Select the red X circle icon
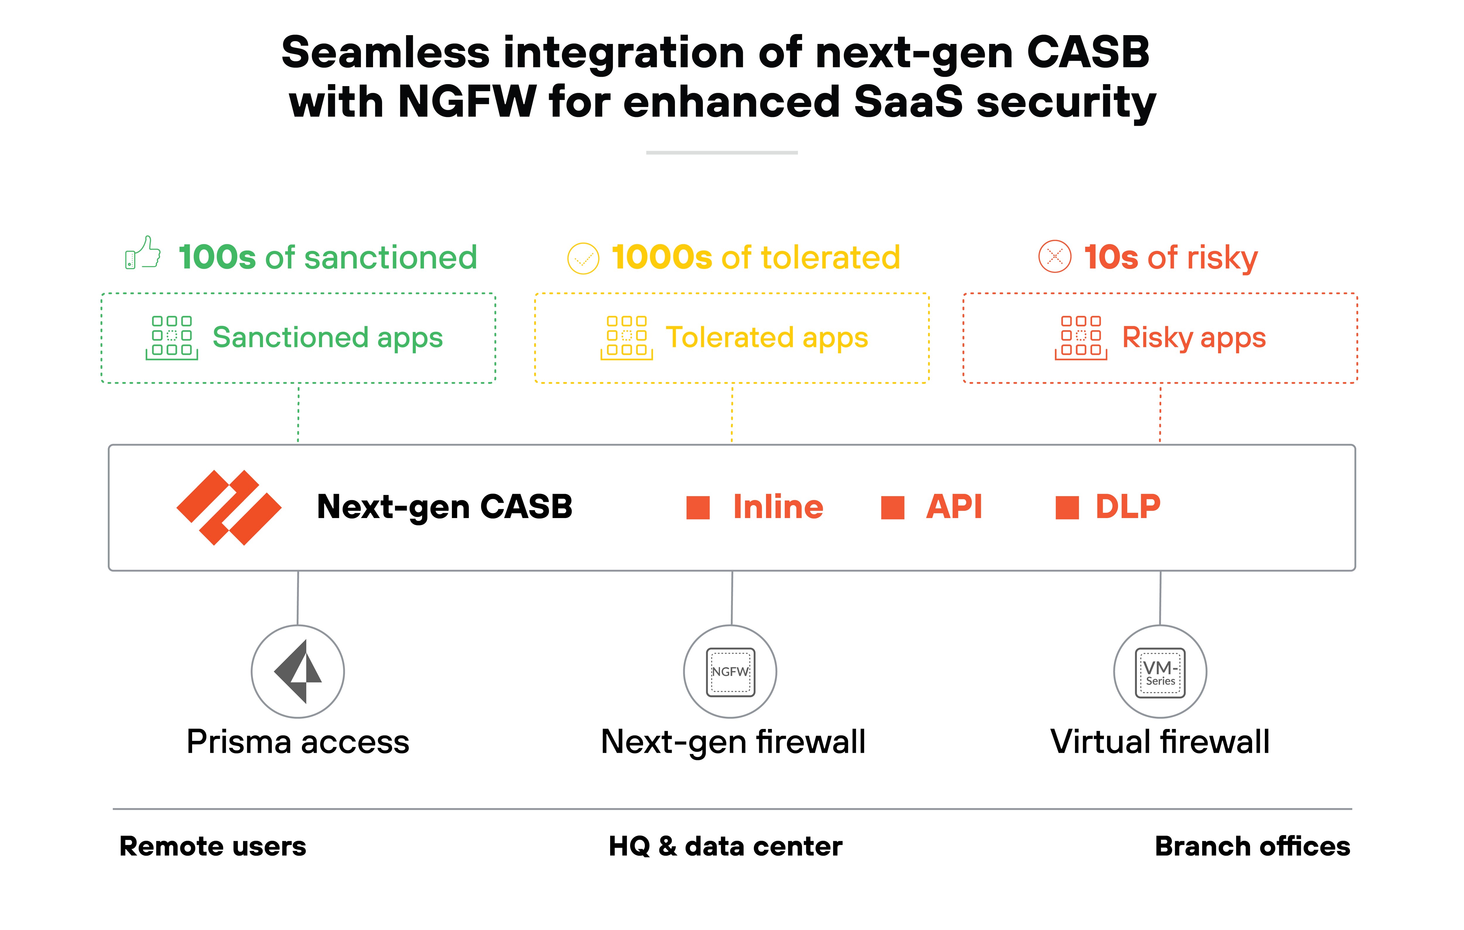[x=1055, y=257]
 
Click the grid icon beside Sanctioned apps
[x=172, y=338]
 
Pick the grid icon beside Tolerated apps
[x=627, y=338]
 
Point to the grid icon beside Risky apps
[x=1081, y=338]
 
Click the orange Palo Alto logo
[x=229, y=507]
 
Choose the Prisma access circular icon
[x=298, y=672]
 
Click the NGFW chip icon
[x=730, y=672]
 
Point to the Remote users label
[x=213, y=846]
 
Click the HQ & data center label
[x=725, y=846]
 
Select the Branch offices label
[x=1252, y=846]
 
